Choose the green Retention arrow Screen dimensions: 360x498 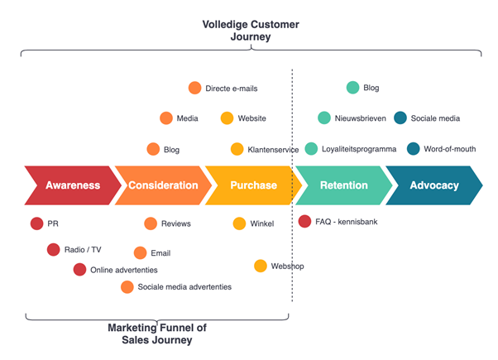click(343, 185)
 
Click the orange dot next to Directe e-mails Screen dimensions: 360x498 click(194, 88)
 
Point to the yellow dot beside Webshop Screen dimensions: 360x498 click(261, 266)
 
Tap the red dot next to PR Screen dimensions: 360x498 click(36, 223)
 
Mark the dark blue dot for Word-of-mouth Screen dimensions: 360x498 click(413, 149)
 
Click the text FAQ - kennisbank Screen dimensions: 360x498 click(351, 222)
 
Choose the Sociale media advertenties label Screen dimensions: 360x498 click(184, 287)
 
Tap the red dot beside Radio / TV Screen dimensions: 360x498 click(54, 250)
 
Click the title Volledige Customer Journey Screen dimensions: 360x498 click(251, 31)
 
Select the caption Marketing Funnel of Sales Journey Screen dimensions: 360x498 click(156, 334)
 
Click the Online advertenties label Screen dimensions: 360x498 click(123, 270)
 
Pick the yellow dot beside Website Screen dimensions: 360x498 click(227, 118)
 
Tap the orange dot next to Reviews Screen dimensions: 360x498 click(151, 223)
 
